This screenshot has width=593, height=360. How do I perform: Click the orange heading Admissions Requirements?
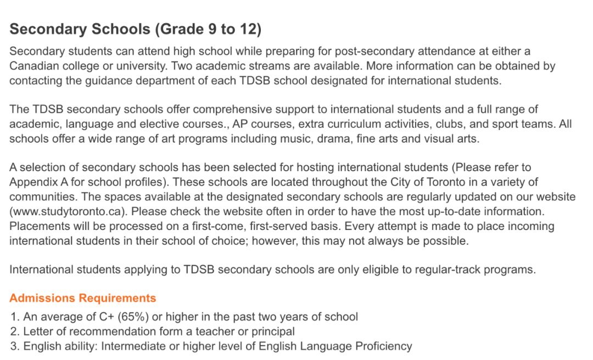pos(83,299)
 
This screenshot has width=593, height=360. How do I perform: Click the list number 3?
pos(15,346)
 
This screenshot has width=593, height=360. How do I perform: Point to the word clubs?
pos(427,124)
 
